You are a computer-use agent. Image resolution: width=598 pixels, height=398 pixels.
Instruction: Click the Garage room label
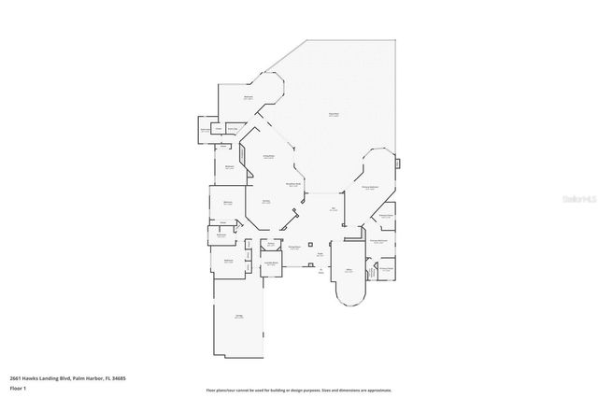(239, 317)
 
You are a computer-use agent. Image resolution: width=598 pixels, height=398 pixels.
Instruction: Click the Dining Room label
(293, 248)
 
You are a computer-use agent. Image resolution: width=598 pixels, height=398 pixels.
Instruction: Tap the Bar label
(334, 209)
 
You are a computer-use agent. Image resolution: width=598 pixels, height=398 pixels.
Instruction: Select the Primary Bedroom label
(370, 188)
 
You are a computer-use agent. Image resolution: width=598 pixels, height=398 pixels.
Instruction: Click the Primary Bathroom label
(377, 241)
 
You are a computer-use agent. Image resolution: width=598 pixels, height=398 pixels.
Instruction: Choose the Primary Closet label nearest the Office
(384, 268)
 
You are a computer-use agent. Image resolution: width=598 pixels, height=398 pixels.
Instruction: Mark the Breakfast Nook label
(292, 185)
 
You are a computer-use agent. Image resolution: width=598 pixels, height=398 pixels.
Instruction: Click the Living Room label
(267, 157)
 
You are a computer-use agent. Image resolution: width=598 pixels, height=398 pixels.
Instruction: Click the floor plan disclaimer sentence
(299, 391)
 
